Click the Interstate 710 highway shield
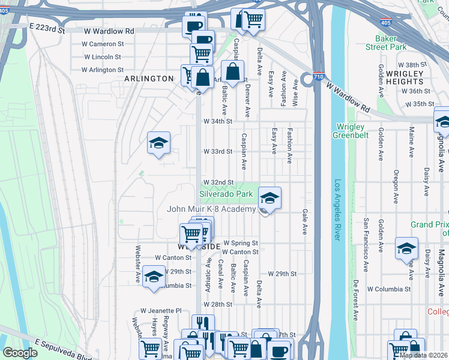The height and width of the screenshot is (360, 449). (x=307, y=79)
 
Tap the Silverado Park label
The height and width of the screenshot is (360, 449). (x=226, y=194)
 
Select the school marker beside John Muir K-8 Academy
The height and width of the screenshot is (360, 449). (x=270, y=198)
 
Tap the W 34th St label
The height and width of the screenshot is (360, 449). (x=217, y=121)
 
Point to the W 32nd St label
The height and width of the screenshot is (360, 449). (x=217, y=182)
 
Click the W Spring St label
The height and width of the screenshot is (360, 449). (x=240, y=243)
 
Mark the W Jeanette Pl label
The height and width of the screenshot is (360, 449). (x=161, y=311)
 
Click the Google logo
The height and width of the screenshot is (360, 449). (x=20, y=353)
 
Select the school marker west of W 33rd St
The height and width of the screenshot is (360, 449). (x=158, y=143)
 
